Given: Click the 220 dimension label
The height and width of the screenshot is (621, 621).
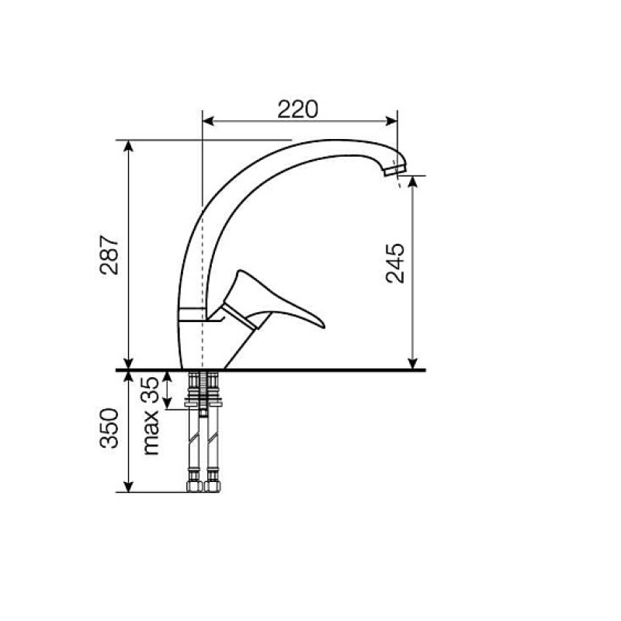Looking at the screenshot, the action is pyautogui.click(x=297, y=109).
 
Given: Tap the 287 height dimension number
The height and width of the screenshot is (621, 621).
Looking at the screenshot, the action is pyautogui.click(x=109, y=255).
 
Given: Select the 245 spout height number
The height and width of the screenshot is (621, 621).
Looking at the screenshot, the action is pyautogui.click(x=395, y=263).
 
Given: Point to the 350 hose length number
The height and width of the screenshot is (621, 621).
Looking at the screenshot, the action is pyautogui.click(x=109, y=428).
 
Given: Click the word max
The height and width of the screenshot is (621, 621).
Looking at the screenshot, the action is pyautogui.click(x=151, y=433).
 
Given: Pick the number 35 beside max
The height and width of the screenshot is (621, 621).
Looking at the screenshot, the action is pyautogui.click(x=150, y=390).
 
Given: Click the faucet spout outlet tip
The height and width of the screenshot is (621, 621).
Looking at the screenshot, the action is pyautogui.click(x=395, y=171).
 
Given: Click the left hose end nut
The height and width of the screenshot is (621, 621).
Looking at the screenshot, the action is pyautogui.click(x=194, y=486).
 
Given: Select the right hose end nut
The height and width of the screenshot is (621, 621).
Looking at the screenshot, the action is pyautogui.click(x=213, y=486).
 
